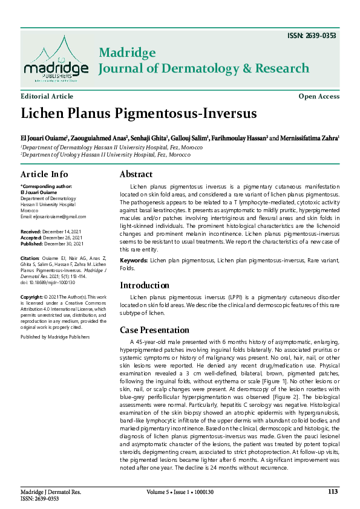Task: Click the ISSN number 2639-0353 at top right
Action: click(x=312, y=35)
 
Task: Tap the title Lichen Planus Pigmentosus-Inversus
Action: click(x=139, y=114)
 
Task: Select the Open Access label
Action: click(x=319, y=97)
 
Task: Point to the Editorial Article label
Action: click(x=47, y=97)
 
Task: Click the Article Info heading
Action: click(x=45, y=174)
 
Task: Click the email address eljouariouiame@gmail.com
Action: click(x=53, y=216)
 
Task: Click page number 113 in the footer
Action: click(x=333, y=491)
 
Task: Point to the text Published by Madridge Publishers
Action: click(x=54, y=336)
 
